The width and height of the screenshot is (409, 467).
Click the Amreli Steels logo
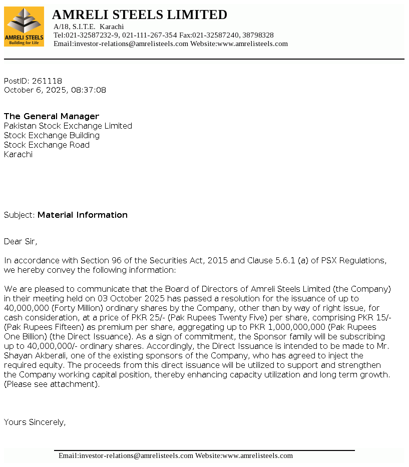click(24, 27)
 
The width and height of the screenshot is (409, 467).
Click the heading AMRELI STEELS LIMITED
click(140, 15)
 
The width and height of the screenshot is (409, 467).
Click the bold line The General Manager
click(52, 116)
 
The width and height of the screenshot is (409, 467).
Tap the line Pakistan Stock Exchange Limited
click(68, 126)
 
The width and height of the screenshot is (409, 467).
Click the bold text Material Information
click(83, 215)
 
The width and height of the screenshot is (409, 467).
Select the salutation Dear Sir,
click(21, 241)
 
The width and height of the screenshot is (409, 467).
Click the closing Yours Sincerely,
click(35, 422)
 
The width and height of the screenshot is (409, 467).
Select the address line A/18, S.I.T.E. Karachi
click(89, 27)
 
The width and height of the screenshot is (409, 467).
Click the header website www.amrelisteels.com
click(252, 44)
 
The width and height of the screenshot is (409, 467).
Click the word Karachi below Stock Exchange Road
click(19, 154)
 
